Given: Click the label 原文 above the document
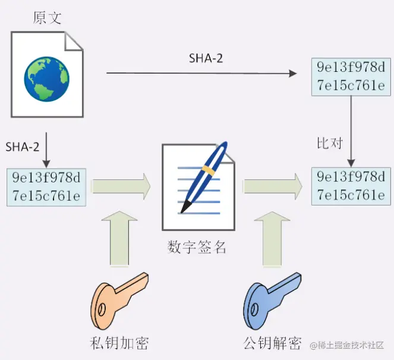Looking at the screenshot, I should pyautogui.click(x=47, y=17).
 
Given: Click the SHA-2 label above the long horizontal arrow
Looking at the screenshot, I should pyautogui.click(x=206, y=58).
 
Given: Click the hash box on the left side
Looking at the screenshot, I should pyautogui.click(x=46, y=187).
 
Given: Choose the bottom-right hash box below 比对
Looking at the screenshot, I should pyautogui.click(x=351, y=186).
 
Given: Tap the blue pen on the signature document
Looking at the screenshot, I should pyautogui.click(x=205, y=176).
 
